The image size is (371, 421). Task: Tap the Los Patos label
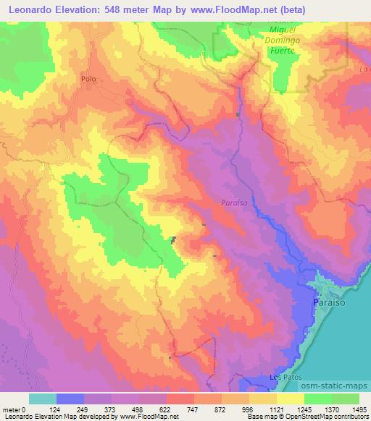[x=283, y=378]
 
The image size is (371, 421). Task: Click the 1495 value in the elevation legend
[x=359, y=409]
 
